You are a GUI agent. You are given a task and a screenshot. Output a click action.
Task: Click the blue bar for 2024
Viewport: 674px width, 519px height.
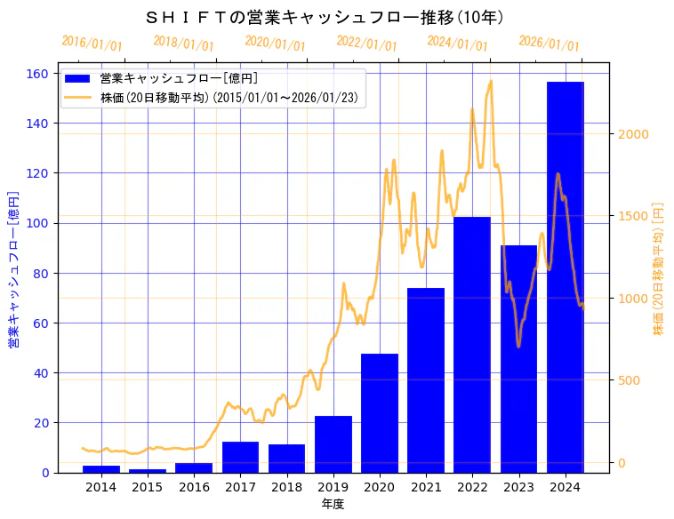(x=566, y=277)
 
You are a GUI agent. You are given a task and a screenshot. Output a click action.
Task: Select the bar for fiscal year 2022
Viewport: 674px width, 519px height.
(x=472, y=345)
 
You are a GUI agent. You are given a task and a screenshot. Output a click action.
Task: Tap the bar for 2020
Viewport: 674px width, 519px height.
(x=380, y=413)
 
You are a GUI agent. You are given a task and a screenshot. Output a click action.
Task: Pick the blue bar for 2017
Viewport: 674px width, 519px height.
(x=240, y=457)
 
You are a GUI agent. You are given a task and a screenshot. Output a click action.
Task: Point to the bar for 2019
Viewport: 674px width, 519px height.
(x=333, y=444)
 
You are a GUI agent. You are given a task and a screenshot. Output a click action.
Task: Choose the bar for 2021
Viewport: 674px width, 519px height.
(x=426, y=380)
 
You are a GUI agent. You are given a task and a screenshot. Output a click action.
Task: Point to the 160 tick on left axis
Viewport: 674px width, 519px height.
(x=41, y=74)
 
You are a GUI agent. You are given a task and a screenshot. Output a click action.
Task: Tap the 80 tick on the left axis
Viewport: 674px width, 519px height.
(x=44, y=273)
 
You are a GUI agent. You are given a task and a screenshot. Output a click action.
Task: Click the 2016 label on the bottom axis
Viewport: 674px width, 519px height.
(x=194, y=486)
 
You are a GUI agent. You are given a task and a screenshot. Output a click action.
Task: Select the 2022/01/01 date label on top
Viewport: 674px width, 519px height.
(x=366, y=43)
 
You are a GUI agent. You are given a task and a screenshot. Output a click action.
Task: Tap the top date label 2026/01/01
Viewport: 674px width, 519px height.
(x=549, y=44)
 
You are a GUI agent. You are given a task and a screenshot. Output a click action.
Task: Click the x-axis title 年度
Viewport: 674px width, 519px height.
(x=333, y=504)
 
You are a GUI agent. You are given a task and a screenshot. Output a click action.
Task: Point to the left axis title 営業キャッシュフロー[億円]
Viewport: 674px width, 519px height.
(x=13, y=269)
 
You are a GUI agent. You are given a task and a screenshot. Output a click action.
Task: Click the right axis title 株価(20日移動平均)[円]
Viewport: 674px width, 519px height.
(x=659, y=267)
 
